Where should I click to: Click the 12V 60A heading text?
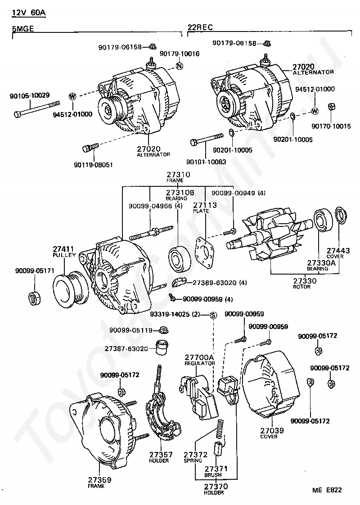tap(29, 13)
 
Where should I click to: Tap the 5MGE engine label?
tap(23, 28)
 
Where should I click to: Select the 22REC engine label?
tap(200, 27)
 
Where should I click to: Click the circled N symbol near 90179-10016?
tap(180, 66)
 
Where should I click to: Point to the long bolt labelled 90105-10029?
tap(37, 108)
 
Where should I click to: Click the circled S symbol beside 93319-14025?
tap(213, 315)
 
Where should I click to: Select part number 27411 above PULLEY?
tap(63, 249)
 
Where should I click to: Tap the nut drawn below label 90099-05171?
tap(34, 298)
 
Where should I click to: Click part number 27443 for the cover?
tap(338, 250)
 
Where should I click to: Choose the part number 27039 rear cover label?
tap(272, 430)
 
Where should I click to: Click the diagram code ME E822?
tap(327, 490)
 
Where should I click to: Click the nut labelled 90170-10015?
tap(332, 107)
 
